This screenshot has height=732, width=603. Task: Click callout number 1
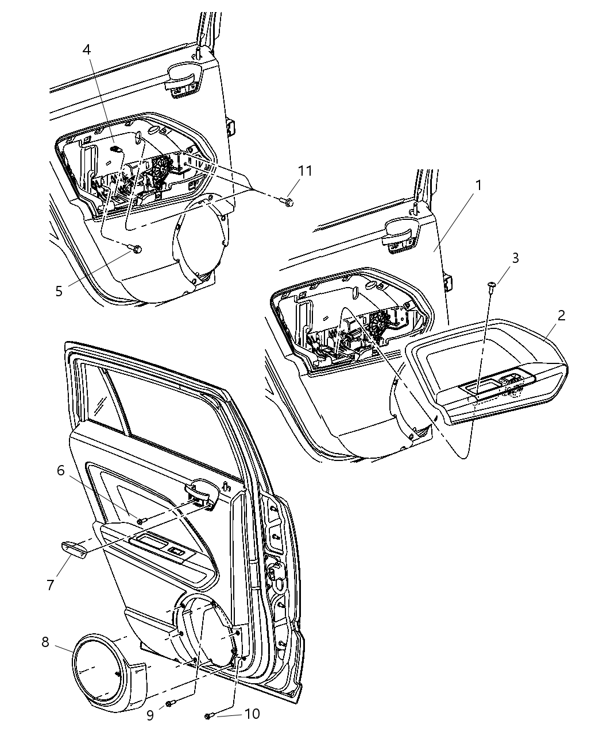477,185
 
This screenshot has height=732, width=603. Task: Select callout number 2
561,315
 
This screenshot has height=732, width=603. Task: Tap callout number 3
515,258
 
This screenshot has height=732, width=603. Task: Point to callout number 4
86,49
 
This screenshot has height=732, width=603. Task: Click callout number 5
59,291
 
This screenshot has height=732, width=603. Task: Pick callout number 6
60,471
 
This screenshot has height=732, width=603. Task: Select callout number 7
51,585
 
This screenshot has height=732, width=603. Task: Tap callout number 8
45,642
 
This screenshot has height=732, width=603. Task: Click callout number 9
149,716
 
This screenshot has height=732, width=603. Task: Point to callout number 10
252,714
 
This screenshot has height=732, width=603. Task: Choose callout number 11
305,171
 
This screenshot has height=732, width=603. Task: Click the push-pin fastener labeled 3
492,285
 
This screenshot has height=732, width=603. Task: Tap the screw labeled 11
288,202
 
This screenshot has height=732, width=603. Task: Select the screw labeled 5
136,249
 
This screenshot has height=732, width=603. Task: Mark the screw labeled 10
210,715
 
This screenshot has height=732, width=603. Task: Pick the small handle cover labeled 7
74,549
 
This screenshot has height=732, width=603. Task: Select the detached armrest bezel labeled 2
488,373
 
